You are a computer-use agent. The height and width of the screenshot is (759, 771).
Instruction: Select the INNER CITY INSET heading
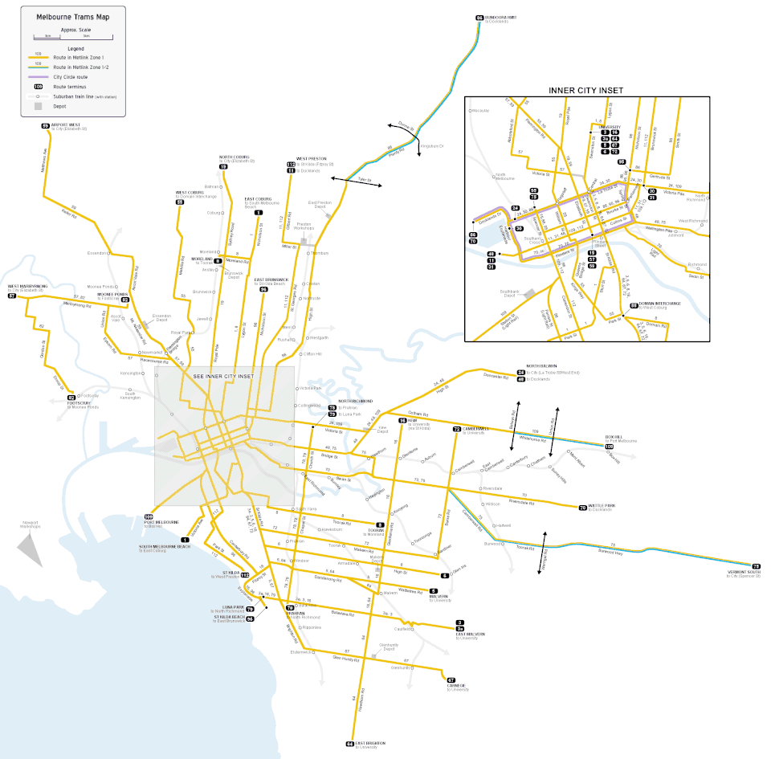click(x=585, y=91)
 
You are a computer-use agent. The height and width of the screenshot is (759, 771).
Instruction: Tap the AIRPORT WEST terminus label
click(x=63, y=124)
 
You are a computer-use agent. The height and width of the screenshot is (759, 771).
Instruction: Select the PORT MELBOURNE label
click(x=160, y=522)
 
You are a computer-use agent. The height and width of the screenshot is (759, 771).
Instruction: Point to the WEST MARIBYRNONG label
click(x=28, y=286)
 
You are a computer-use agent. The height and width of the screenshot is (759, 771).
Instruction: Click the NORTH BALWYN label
click(x=541, y=366)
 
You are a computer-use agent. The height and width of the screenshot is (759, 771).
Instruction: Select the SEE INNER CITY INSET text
click(x=224, y=375)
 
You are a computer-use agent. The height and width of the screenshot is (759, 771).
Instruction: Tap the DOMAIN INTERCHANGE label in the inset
click(x=660, y=304)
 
